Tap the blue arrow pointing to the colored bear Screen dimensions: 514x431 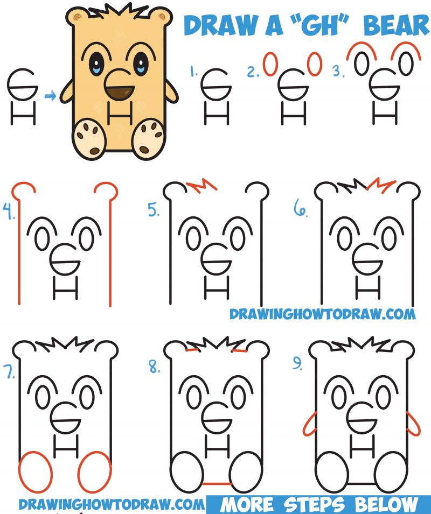click(50, 97)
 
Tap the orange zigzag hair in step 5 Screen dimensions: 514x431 click(202, 186)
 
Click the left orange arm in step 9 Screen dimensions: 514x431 click(309, 424)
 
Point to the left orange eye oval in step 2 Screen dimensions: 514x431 click(270, 65)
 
